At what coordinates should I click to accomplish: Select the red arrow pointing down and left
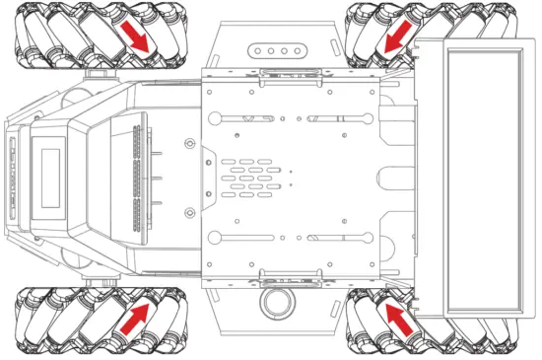click(x=398, y=39)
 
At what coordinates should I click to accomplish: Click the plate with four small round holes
click(x=277, y=50)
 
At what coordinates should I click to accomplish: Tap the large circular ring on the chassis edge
click(x=277, y=300)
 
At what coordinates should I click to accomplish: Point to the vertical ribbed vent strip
click(x=136, y=178)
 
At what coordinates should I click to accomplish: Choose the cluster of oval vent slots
click(x=250, y=178)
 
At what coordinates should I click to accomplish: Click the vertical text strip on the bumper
click(x=13, y=178)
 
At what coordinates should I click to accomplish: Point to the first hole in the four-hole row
click(x=259, y=50)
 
